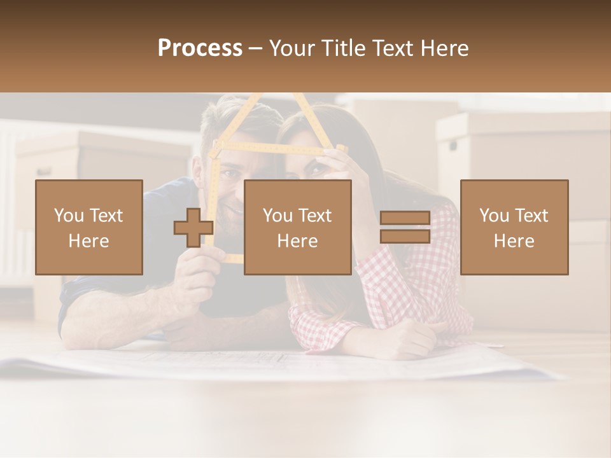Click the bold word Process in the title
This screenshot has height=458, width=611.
[x=200, y=48]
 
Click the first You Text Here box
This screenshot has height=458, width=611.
[x=88, y=227]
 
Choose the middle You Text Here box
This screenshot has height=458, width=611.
[x=297, y=227]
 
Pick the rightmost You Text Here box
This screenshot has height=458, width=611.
[x=514, y=227]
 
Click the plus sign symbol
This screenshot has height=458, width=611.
[x=193, y=228]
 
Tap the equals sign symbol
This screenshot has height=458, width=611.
[x=405, y=227]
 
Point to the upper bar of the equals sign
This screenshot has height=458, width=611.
[x=405, y=218]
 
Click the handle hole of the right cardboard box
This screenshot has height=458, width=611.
[x=453, y=145]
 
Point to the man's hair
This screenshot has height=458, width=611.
[x=235, y=118]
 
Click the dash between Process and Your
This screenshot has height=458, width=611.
[x=256, y=49]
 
